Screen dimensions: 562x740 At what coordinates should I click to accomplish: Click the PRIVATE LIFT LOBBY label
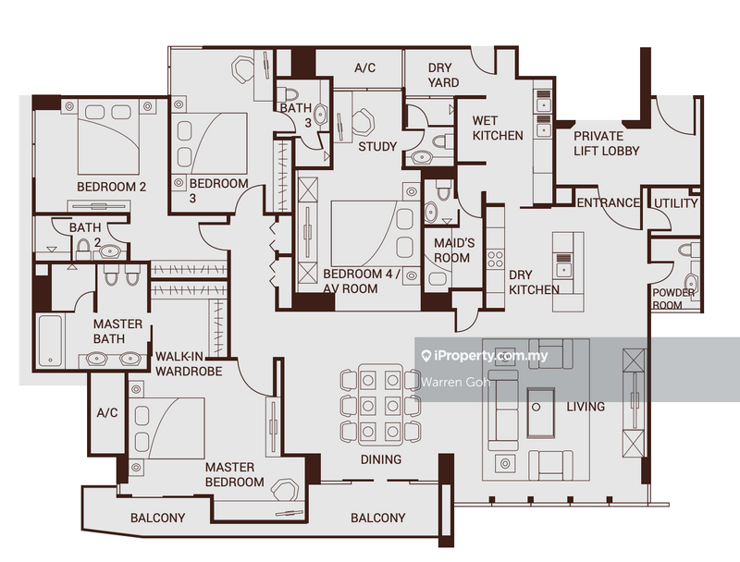[x=606, y=143]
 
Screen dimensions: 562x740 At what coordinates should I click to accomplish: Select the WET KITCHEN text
[x=498, y=128]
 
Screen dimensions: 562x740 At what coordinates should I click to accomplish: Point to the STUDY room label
[x=377, y=146]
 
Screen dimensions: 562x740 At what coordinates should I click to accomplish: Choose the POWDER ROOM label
[x=673, y=299]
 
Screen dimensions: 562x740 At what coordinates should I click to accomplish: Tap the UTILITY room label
[x=676, y=203]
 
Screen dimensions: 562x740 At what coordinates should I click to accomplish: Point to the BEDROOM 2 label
[x=111, y=187]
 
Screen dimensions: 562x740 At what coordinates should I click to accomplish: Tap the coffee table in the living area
[x=540, y=412]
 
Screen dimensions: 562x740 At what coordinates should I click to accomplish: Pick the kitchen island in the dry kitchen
[x=564, y=259]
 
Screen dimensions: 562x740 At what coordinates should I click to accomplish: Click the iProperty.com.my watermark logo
[x=485, y=356]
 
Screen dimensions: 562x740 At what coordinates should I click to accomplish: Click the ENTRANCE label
[x=608, y=203]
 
